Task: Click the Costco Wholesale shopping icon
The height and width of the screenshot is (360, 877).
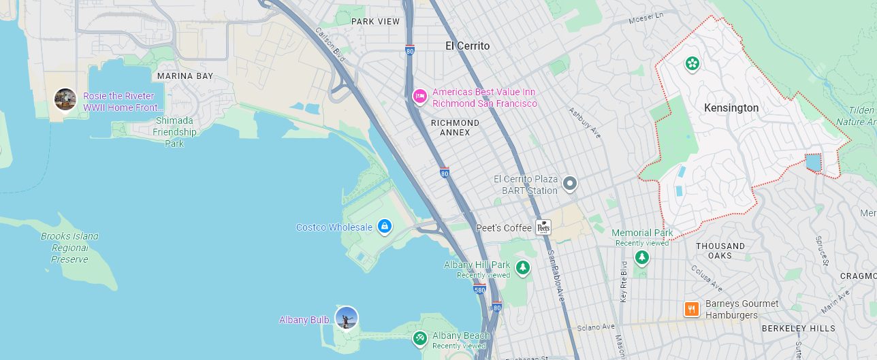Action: point(384,226)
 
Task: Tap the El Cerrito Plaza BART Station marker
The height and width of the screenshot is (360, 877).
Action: point(569,183)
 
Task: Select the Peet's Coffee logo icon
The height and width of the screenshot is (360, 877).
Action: point(543,227)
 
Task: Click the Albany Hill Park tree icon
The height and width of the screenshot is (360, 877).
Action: point(522,267)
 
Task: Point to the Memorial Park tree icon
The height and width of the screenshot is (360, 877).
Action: point(641,257)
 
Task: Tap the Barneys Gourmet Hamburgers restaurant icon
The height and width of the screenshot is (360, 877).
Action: point(691,309)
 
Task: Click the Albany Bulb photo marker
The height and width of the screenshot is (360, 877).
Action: point(347,318)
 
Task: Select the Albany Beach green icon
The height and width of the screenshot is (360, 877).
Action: point(420,337)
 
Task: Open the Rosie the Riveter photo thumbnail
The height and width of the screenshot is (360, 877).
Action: point(65,99)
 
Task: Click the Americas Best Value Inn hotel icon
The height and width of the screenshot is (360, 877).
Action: point(420,97)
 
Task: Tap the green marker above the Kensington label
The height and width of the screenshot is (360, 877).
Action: point(692,64)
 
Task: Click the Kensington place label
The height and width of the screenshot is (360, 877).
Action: point(731,108)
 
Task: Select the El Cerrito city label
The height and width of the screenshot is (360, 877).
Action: point(467,46)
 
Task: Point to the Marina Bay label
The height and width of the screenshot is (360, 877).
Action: point(185,76)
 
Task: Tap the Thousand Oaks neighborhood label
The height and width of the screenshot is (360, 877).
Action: point(720,250)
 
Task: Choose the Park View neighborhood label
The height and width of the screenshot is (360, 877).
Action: point(375,22)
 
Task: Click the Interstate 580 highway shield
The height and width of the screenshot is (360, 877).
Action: point(479,289)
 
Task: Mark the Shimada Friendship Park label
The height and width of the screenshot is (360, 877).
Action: point(174,132)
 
